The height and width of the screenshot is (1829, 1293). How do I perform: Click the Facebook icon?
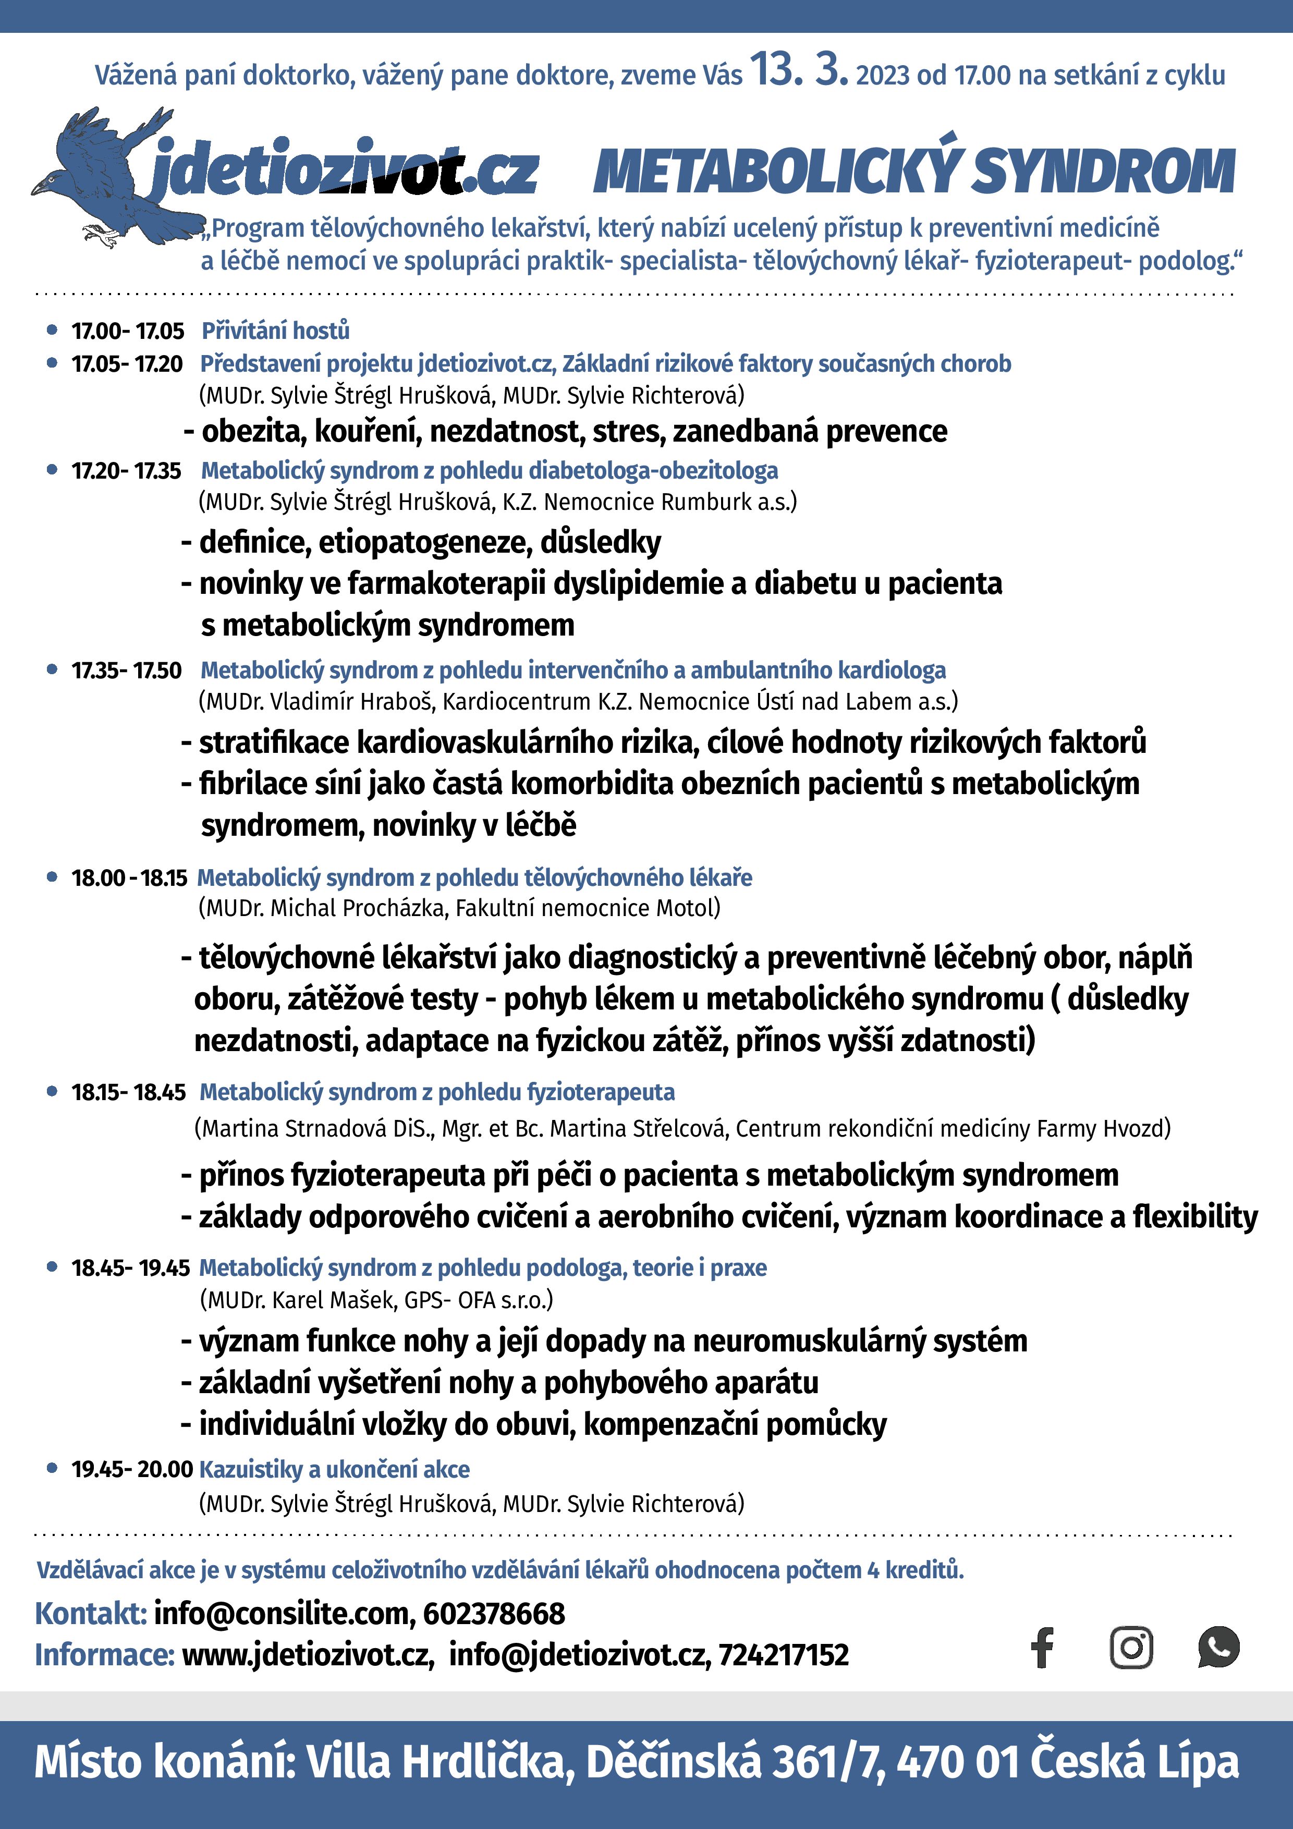(x=1042, y=1648)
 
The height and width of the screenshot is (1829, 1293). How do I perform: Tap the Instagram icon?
(x=1131, y=1648)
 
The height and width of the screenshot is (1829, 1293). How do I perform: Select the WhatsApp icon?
(x=1218, y=1648)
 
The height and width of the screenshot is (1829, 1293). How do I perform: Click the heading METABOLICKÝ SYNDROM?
(x=914, y=171)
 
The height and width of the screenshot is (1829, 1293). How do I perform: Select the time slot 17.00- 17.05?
(x=127, y=331)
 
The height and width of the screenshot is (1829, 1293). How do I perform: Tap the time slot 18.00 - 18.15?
(x=129, y=878)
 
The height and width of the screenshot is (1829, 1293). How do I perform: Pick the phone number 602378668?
(x=494, y=1614)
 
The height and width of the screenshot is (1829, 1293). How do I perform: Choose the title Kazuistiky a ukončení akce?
(x=335, y=1469)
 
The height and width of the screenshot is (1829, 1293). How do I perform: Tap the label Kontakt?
(x=91, y=1614)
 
